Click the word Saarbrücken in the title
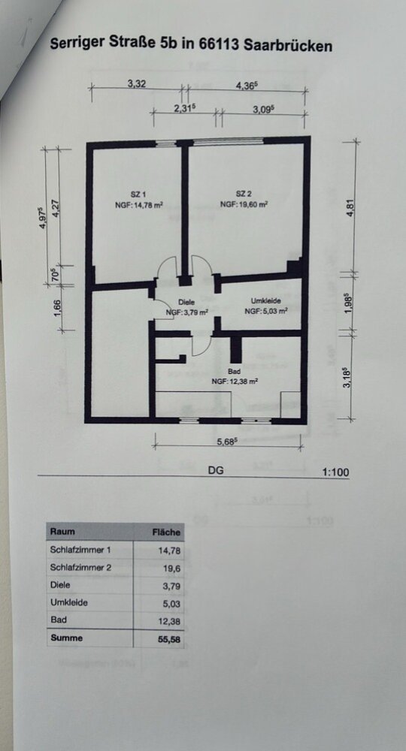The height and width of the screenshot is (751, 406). [x=288, y=46]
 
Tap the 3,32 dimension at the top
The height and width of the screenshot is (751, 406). [x=137, y=83]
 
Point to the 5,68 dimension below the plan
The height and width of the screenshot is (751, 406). [x=228, y=442]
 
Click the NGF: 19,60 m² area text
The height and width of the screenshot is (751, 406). [x=244, y=204]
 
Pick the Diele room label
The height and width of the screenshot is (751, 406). [x=186, y=302]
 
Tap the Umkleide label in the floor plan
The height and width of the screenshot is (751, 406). [x=265, y=301]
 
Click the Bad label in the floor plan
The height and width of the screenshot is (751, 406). [x=235, y=372]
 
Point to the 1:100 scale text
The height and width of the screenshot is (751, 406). [x=336, y=472]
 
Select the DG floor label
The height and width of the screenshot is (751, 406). [x=216, y=470]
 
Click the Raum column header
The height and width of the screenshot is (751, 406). [x=62, y=532]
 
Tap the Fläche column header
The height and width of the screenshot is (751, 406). [x=166, y=532]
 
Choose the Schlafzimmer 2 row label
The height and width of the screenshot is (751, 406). [x=80, y=568]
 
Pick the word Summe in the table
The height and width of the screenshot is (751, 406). [x=66, y=638]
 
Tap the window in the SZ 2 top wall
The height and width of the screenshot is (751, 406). [x=229, y=141]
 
